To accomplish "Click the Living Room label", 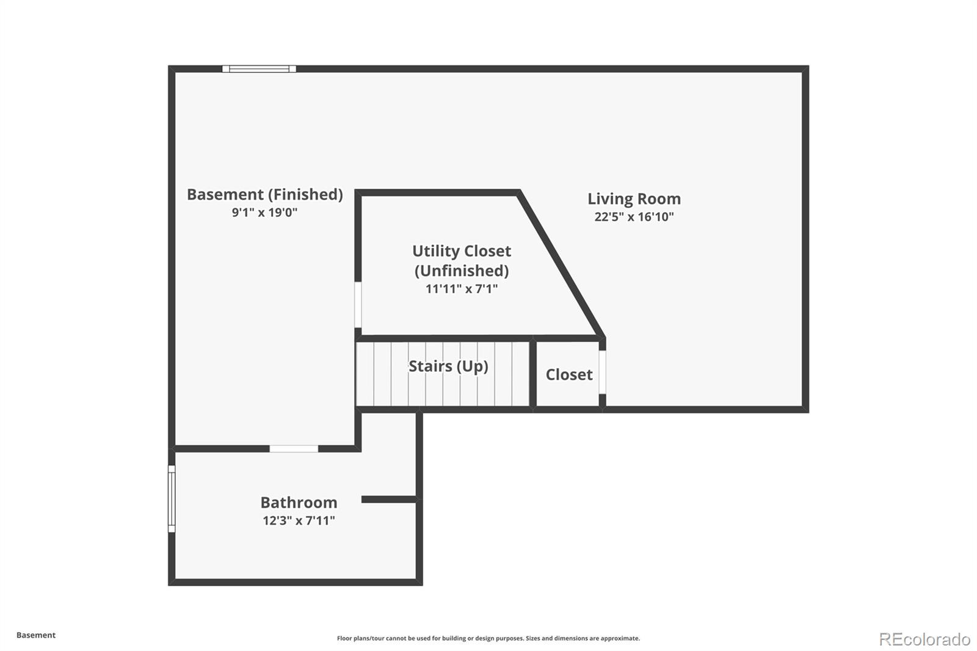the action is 634,199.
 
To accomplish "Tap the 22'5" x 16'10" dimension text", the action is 634,217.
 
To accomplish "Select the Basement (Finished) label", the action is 265,195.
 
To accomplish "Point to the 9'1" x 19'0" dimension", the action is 265,213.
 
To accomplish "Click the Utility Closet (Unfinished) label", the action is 462,261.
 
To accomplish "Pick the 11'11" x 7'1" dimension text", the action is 462,289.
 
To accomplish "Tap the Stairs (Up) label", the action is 448,366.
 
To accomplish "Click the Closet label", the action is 568,374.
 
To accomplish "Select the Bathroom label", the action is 299,503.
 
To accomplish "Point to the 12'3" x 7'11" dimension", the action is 299,520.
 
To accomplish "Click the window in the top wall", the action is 259,69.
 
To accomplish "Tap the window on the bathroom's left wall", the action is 172,499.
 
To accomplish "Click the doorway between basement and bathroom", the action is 294,448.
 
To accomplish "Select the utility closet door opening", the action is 358,305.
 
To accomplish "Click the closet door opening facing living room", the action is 602,372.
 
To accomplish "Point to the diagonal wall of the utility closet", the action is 561,264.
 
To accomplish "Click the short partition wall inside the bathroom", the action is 388,499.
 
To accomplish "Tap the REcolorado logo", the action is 924,639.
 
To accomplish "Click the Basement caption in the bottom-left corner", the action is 36,635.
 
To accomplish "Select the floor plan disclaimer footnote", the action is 488,638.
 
